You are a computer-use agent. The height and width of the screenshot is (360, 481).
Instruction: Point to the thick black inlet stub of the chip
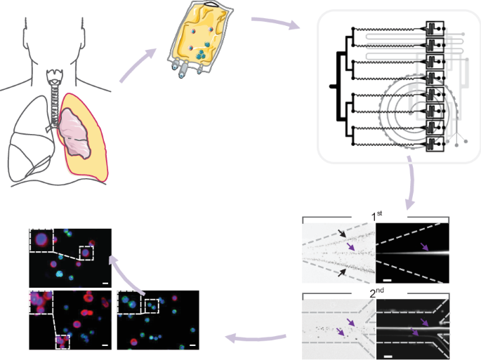[334, 86]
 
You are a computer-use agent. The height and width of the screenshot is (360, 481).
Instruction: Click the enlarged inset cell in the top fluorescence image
[41, 241]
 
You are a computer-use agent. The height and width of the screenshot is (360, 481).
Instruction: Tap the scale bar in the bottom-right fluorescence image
[191, 344]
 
